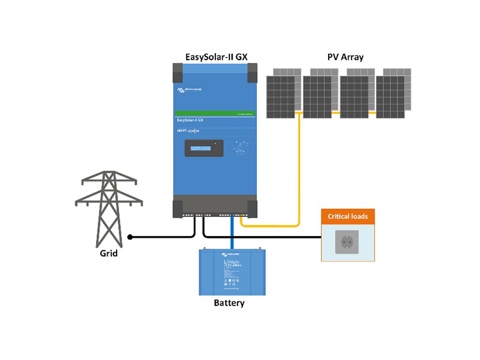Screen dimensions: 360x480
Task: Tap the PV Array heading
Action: click(345, 57)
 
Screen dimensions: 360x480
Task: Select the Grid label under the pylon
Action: click(109, 254)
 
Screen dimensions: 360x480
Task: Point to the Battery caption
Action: click(229, 303)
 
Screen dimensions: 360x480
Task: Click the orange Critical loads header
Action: click(347, 216)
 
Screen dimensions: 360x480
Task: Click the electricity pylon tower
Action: click(109, 206)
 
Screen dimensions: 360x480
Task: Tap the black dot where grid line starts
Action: click(130, 237)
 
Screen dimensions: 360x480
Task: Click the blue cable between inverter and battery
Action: click(232, 232)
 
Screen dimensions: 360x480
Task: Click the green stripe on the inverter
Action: click(215, 113)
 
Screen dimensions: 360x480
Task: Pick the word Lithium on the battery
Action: click(232, 262)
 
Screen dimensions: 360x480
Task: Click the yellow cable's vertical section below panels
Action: click(299, 169)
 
